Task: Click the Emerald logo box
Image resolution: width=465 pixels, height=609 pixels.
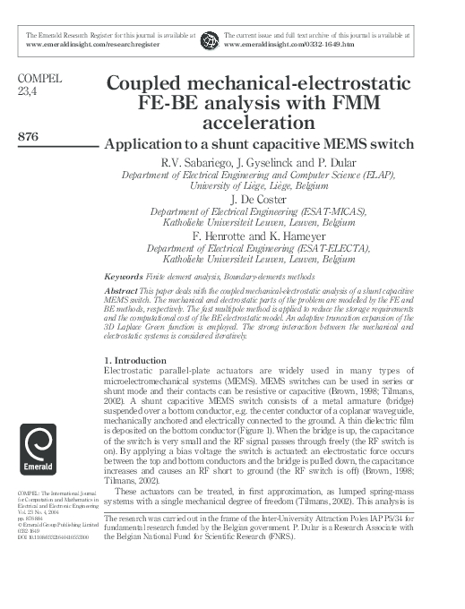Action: (x=43, y=451)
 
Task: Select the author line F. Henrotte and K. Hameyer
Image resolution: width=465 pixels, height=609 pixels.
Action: (x=261, y=236)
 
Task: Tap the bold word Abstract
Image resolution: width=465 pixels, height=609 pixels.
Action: (x=121, y=293)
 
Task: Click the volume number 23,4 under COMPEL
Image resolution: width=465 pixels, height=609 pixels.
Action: (x=29, y=90)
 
